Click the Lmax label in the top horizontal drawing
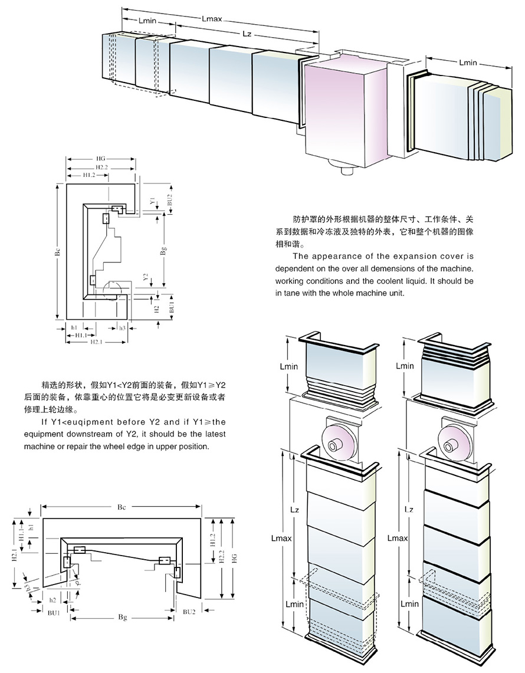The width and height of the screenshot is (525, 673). tap(211, 19)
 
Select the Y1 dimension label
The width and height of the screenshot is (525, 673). tap(152, 202)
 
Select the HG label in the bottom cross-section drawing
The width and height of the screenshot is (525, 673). tap(234, 558)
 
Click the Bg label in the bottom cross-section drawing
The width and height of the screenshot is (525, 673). tap(123, 617)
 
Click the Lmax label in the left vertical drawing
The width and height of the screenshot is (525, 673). tap(280, 539)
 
